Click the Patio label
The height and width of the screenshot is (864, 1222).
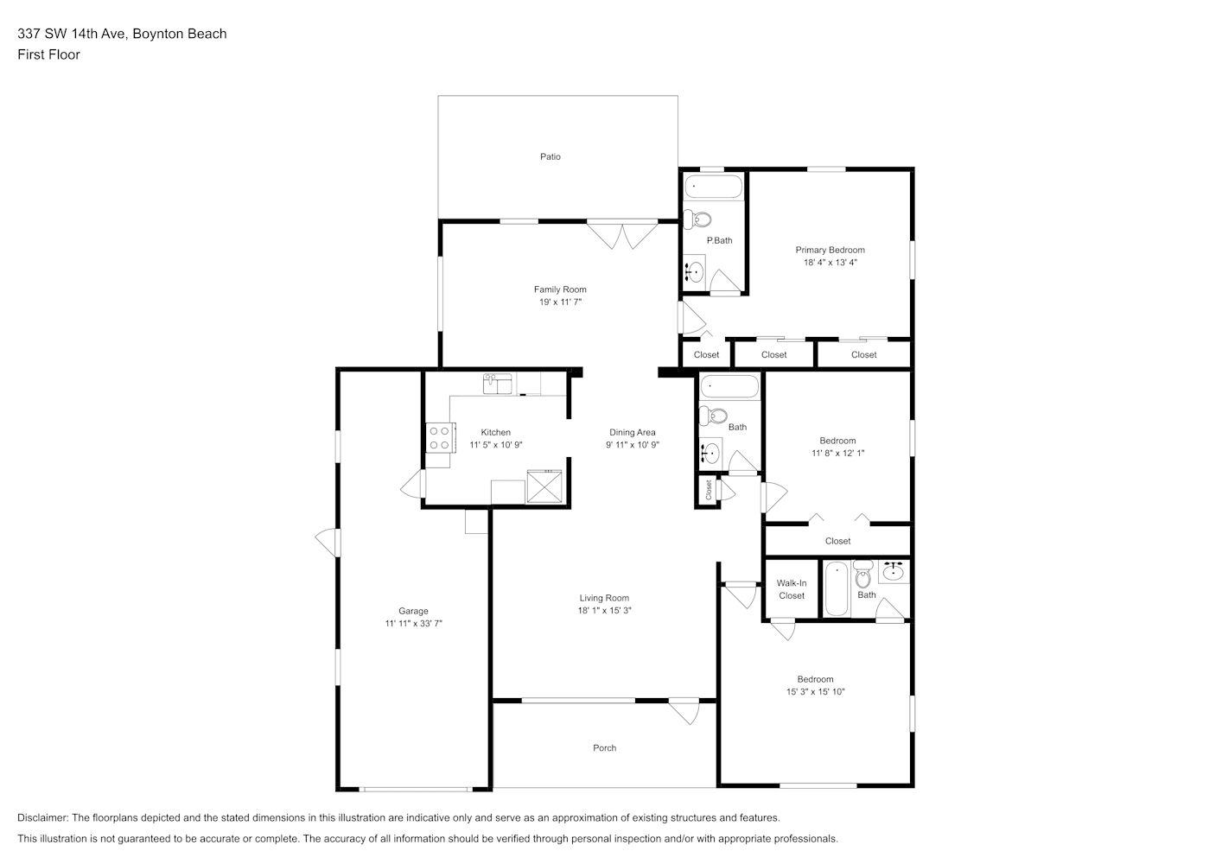550,156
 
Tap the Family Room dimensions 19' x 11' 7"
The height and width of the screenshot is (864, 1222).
560,302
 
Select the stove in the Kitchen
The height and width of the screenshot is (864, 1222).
440,437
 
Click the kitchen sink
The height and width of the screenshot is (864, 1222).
497,384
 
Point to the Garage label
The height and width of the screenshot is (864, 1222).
413,611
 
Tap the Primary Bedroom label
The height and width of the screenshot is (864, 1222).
830,250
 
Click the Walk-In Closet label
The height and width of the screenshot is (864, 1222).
791,589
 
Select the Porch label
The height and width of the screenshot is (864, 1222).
604,748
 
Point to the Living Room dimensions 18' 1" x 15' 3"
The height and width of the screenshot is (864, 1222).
604,610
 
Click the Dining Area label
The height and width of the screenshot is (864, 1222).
633,432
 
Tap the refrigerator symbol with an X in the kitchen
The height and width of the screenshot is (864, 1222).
544,486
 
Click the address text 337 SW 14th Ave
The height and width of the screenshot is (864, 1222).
73,34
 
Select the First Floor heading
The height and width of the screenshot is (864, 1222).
48,54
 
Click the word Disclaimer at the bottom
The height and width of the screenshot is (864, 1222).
42,817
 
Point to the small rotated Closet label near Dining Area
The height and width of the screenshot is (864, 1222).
708,489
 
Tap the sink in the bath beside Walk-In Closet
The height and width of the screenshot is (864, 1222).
893,571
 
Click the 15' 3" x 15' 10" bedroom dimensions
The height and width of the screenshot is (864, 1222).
815,692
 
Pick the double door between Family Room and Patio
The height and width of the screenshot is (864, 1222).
622,233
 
